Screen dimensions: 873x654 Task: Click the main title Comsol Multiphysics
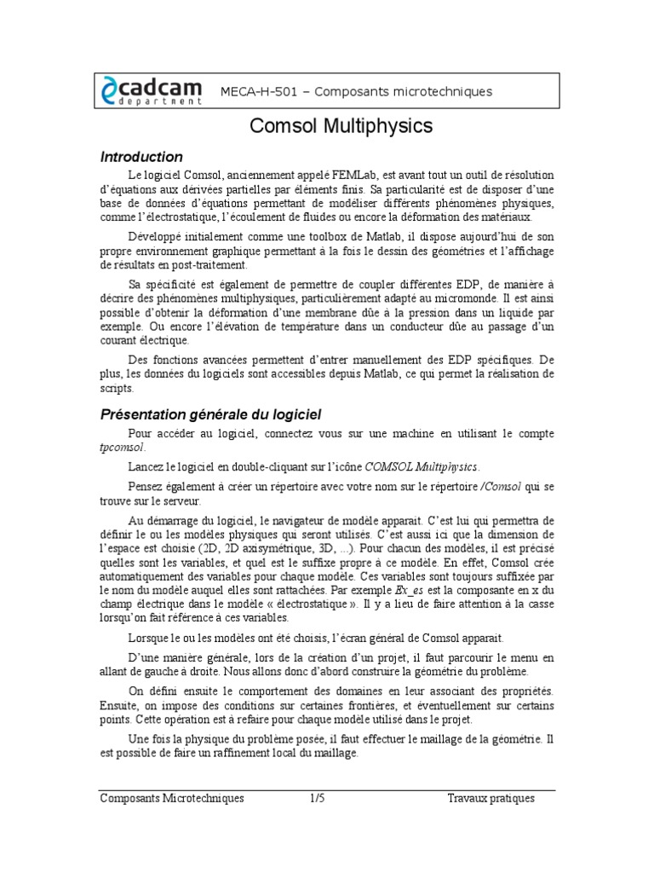341,127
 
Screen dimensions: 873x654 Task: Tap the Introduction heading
141,157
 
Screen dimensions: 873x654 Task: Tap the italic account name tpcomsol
123,448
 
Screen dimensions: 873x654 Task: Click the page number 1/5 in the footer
317,798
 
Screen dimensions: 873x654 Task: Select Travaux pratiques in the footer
490,798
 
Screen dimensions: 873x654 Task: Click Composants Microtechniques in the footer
172,798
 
